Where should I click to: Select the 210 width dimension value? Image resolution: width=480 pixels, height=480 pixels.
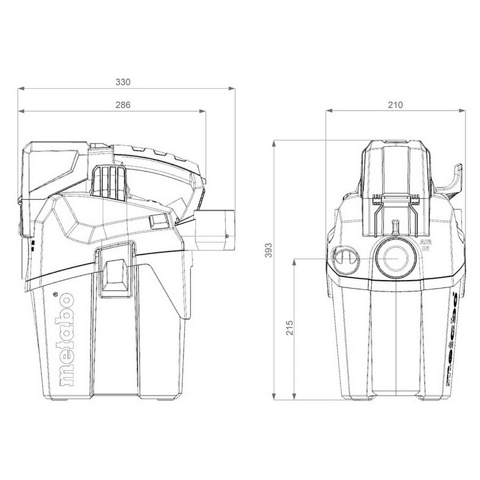coord(395,105)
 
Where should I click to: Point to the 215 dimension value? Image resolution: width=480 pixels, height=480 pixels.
coord(289,329)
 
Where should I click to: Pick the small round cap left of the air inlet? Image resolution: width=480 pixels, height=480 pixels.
coord(345,258)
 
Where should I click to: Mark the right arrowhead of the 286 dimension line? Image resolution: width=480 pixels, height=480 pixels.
coord(203,112)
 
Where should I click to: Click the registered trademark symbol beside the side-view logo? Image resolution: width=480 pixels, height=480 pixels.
coord(56,295)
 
